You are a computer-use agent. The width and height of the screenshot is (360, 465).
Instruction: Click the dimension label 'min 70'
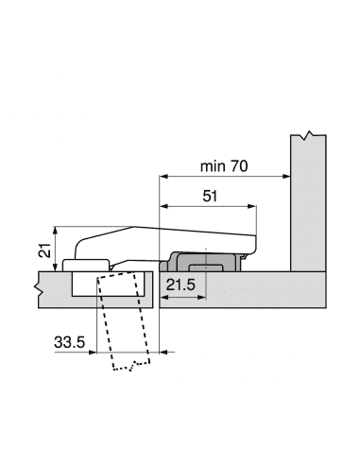tap(224, 166)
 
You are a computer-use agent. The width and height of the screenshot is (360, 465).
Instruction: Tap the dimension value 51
tap(210, 196)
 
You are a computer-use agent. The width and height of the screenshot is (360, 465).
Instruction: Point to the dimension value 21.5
tap(180, 284)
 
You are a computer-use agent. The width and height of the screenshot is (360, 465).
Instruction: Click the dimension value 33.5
tap(69, 342)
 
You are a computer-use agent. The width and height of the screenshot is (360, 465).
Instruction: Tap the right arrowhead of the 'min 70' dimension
tap(286, 176)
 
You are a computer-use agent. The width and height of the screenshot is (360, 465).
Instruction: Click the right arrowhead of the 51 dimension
tap(252, 206)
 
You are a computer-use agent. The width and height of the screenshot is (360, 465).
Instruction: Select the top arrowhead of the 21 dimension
tap(56, 231)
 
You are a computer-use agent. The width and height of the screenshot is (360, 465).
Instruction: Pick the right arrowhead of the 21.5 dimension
tap(201, 297)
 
